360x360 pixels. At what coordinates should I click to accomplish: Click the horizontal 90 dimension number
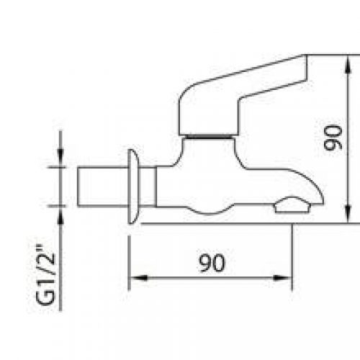tap(212, 263)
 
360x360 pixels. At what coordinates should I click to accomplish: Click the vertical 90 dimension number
tap(333, 138)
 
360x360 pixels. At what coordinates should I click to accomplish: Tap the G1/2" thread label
tap(45, 275)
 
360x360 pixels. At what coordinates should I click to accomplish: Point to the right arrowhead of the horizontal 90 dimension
tap(283, 278)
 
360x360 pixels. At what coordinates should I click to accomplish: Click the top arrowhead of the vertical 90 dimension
tap(348, 64)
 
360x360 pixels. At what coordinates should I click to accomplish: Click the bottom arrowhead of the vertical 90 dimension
tap(348, 214)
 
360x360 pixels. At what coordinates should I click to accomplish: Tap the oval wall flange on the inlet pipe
tap(133, 186)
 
